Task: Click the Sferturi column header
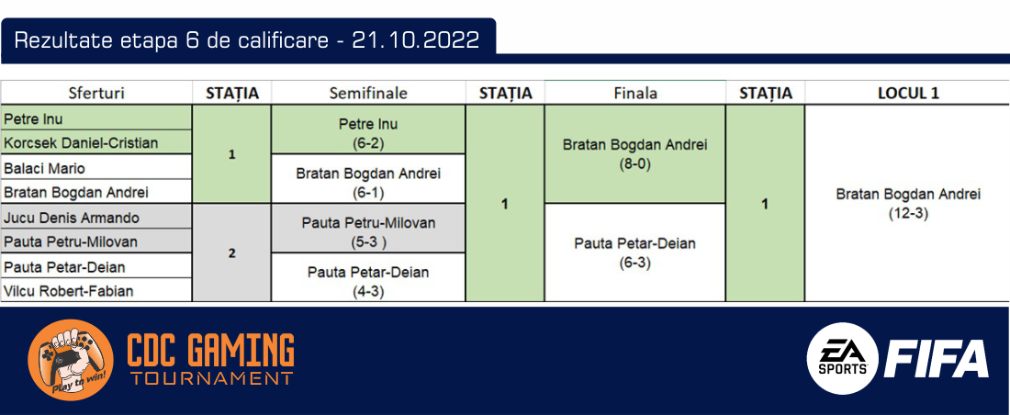[x=96, y=93]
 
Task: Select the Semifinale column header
[x=368, y=93]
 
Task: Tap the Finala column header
[x=635, y=93]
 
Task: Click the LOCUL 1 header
[x=907, y=93]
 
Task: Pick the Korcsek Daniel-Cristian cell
[x=96, y=142]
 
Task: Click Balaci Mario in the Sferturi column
[x=96, y=167]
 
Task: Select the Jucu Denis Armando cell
[x=96, y=218]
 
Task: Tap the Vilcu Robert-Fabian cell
[x=96, y=291]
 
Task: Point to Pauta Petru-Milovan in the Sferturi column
[x=96, y=241]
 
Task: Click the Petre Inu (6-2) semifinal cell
[x=368, y=130]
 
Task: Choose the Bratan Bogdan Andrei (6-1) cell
[x=368, y=179]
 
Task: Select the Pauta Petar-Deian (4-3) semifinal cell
[x=368, y=278]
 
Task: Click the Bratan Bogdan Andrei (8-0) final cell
[x=635, y=154]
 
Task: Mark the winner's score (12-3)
[x=908, y=214]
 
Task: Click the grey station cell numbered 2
[x=232, y=253]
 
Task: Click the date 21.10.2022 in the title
[x=416, y=40]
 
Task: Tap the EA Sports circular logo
[x=843, y=358]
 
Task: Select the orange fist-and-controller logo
[x=71, y=360]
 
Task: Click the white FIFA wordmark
[x=937, y=358]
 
